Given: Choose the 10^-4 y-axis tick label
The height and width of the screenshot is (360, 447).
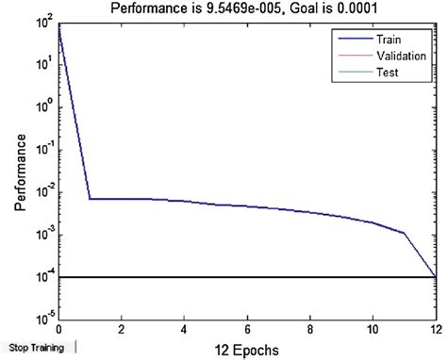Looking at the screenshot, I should (x=43, y=277).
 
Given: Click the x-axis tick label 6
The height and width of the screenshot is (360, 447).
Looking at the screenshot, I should (x=248, y=330).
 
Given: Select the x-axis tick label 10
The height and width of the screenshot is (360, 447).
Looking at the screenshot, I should (x=372, y=330).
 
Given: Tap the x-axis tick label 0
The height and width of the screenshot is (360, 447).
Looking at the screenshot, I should (x=58, y=330).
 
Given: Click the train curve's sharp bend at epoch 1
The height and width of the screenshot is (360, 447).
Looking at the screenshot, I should (x=90, y=199).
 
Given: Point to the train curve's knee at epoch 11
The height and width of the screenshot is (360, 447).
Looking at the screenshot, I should (x=405, y=233).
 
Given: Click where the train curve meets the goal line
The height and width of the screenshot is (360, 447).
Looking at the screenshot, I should (x=435, y=276).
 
